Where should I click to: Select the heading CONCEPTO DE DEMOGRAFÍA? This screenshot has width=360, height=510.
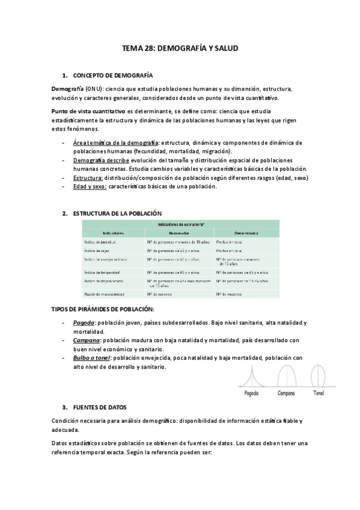click(x=112, y=76)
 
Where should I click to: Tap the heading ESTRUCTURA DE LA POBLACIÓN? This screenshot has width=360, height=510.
click(x=117, y=214)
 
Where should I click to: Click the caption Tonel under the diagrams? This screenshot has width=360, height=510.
click(x=319, y=393)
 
